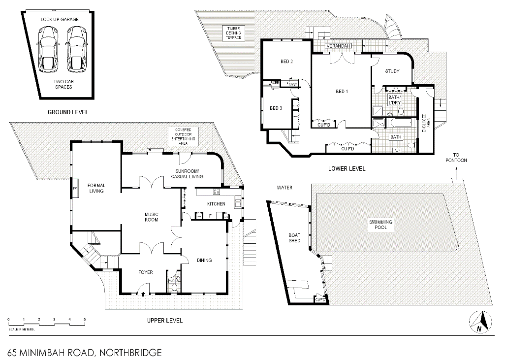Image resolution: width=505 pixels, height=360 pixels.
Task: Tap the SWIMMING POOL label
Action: [x=381, y=225]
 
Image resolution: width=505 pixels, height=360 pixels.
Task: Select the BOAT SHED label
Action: [x=294, y=238]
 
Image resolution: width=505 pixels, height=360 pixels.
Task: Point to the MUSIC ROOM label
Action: [x=151, y=217]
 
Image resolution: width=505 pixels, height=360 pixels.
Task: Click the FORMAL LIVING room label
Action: [x=96, y=188]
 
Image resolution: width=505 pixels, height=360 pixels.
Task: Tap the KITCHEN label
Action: [x=216, y=203]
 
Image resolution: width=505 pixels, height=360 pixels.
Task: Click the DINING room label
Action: [x=204, y=261]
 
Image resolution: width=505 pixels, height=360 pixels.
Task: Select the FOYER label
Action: [x=145, y=272]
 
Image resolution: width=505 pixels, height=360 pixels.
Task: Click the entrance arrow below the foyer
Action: [x=143, y=294]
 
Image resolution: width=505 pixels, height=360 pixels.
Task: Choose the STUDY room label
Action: [x=392, y=71]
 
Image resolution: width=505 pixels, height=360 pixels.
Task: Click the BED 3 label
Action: [x=276, y=108]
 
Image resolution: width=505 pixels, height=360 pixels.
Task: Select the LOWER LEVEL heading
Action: [x=347, y=169]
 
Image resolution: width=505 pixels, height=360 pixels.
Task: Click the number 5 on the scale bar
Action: [x=85, y=320]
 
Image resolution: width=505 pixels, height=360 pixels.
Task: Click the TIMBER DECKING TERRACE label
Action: [x=233, y=33]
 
